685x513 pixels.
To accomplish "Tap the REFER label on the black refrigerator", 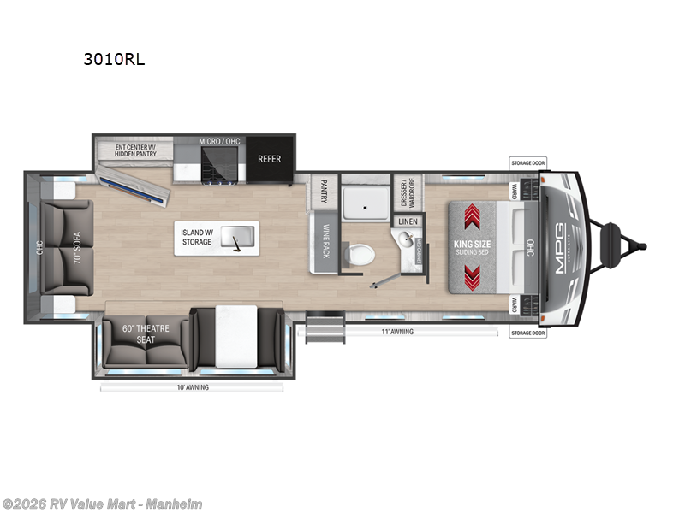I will tap(269, 159).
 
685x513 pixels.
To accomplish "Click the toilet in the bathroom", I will tap(360, 254).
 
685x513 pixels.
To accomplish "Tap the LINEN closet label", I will tap(406, 221).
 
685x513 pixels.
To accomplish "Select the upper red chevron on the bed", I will tap(472, 215).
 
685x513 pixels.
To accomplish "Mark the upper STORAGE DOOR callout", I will tap(527, 162).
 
